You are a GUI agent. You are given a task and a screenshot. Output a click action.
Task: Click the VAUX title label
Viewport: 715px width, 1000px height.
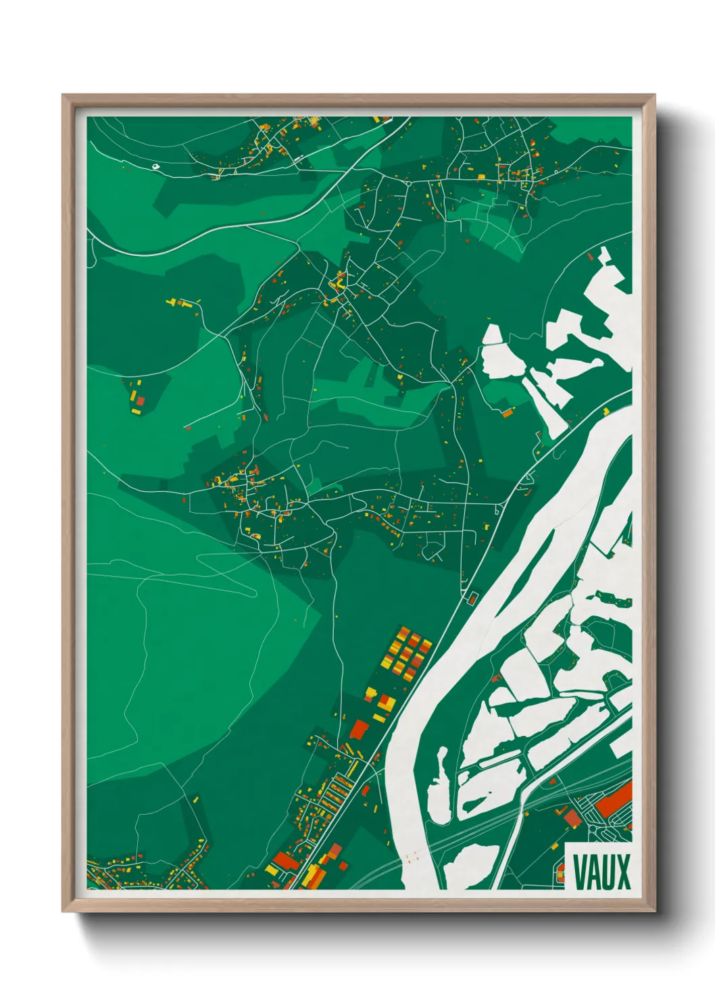coord(601,872)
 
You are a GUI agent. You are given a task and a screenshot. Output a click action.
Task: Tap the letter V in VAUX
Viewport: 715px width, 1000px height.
coord(579,872)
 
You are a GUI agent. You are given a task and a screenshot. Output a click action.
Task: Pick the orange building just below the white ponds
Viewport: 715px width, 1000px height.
coord(507,411)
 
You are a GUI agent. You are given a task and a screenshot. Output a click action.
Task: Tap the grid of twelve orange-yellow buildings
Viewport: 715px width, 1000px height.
coord(406,653)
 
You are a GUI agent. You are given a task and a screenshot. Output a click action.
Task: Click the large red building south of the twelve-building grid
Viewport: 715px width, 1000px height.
coord(359,729)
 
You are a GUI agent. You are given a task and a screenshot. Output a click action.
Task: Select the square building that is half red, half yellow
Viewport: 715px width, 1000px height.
coord(385,703)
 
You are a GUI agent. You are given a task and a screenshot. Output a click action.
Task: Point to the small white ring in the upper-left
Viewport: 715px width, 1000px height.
coord(155,166)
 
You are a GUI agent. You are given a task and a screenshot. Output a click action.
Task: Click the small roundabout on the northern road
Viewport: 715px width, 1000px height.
coord(410,182)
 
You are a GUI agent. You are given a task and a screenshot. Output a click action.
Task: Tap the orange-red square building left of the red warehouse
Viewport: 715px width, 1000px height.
coord(572,818)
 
